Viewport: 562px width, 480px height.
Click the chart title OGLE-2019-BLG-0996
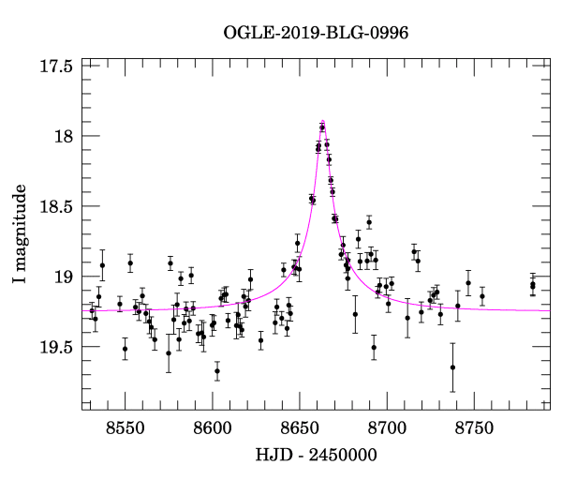click(317, 33)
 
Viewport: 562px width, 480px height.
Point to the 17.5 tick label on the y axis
click(56, 67)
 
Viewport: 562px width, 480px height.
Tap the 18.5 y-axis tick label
click(56, 206)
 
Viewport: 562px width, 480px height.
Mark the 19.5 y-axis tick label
click(56, 347)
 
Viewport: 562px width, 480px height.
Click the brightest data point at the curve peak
click(322, 127)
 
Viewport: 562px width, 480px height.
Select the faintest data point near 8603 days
click(217, 370)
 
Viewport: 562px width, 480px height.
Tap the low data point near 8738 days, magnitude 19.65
click(452, 367)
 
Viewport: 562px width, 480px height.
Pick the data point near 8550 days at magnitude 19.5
click(125, 349)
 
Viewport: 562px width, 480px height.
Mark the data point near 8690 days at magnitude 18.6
click(369, 222)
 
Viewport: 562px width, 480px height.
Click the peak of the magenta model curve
click(322, 121)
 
